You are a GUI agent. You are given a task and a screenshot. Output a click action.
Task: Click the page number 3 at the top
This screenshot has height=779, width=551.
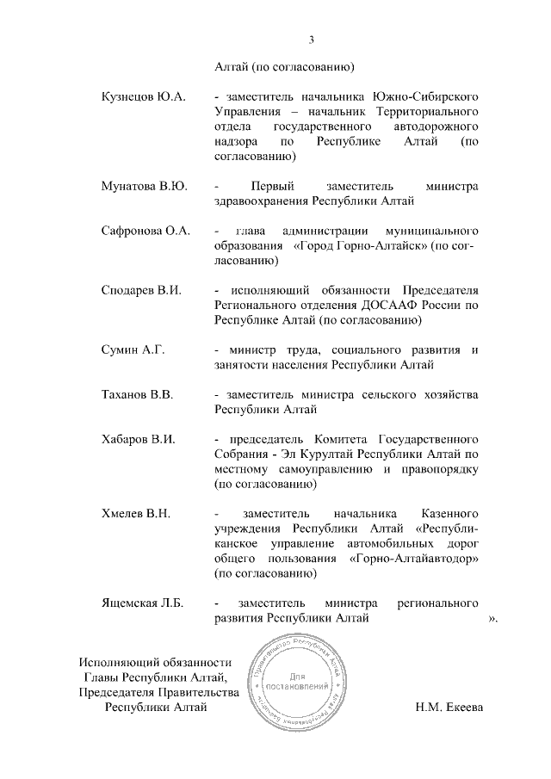(x=312, y=38)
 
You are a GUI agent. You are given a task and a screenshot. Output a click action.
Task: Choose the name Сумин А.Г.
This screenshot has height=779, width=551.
(x=133, y=349)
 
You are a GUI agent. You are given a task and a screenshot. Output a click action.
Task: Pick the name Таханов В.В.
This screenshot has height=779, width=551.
(x=138, y=395)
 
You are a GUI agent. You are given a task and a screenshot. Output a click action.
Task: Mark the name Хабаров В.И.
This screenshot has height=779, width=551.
(x=139, y=439)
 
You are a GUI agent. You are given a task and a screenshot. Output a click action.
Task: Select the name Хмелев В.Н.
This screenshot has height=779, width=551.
(x=135, y=514)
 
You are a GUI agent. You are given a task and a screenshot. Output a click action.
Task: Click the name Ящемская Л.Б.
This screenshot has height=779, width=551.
(x=142, y=603)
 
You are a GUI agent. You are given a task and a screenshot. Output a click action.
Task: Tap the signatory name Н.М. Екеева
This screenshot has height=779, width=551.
(x=449, y=708)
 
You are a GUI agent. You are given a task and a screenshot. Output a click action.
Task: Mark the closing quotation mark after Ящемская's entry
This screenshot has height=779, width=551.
(x=492, y=619)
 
